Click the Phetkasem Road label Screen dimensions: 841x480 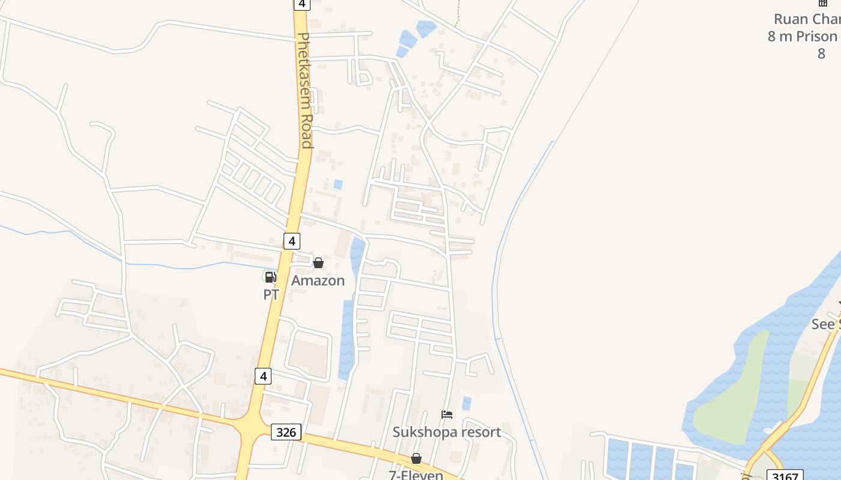point(305,90)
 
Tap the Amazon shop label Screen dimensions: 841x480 point(318,280)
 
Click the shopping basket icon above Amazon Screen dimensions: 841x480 point(318,263)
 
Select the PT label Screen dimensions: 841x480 point(271,295)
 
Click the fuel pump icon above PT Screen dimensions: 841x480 point(270,277)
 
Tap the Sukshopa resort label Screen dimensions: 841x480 point(446,432)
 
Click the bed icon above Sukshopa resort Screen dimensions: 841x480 point(446,415)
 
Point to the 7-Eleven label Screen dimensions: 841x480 point(416,475)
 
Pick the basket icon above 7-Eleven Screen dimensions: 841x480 point(416,459)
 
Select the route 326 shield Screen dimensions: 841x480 point(286,432)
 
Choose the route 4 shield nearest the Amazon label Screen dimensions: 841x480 point(291,241)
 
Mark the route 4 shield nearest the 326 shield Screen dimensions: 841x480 point(263,376)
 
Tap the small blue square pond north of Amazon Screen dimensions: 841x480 point(338,185)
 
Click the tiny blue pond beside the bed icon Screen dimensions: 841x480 point(466,403)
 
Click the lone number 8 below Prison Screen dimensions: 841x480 point(821,53)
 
